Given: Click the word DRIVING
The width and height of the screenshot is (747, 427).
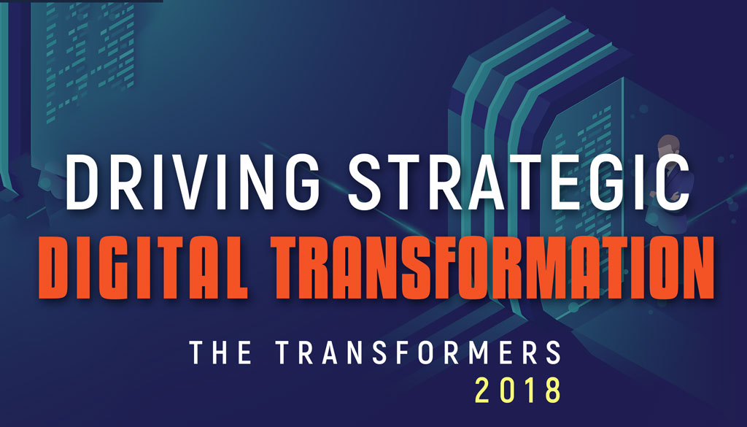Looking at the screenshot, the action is coord(193,182).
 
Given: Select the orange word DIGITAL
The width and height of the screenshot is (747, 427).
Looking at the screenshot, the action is coord(143,267).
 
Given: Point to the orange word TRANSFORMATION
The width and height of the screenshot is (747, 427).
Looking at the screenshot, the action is coord(492,267).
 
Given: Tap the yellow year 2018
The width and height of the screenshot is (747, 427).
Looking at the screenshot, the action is coord(518,390).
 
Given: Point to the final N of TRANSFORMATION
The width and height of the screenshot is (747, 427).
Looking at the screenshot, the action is coord(699,267).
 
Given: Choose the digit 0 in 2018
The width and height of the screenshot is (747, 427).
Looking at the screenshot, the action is coord(507,390).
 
